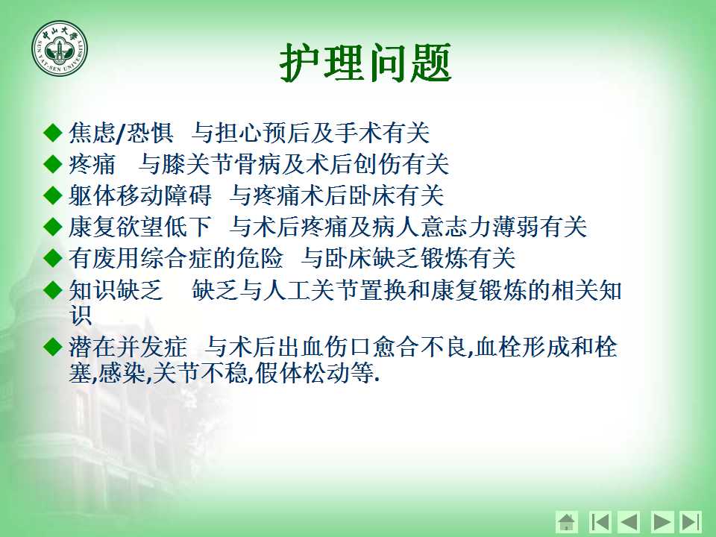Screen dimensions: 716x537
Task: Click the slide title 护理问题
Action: tap(365, 63)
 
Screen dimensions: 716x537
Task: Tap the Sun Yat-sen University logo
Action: tap(60, 48)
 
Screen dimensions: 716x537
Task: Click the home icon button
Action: tap(567, 521)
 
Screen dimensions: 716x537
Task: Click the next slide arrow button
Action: tap(661, 521)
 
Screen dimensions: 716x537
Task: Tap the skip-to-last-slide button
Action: tap(691, 521)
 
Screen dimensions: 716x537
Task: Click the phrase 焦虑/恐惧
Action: tap(121, 133)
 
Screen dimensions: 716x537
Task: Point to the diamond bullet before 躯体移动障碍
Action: tap(52, 196)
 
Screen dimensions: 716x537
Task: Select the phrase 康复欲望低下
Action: tap(139, 227)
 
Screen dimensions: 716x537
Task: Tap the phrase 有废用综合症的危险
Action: tap(176, 258)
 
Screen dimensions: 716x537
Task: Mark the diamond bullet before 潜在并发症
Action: tap(52, 347)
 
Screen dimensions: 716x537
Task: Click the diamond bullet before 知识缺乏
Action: tap(52, 290)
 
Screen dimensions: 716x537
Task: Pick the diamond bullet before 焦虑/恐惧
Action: tap(52, 133)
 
